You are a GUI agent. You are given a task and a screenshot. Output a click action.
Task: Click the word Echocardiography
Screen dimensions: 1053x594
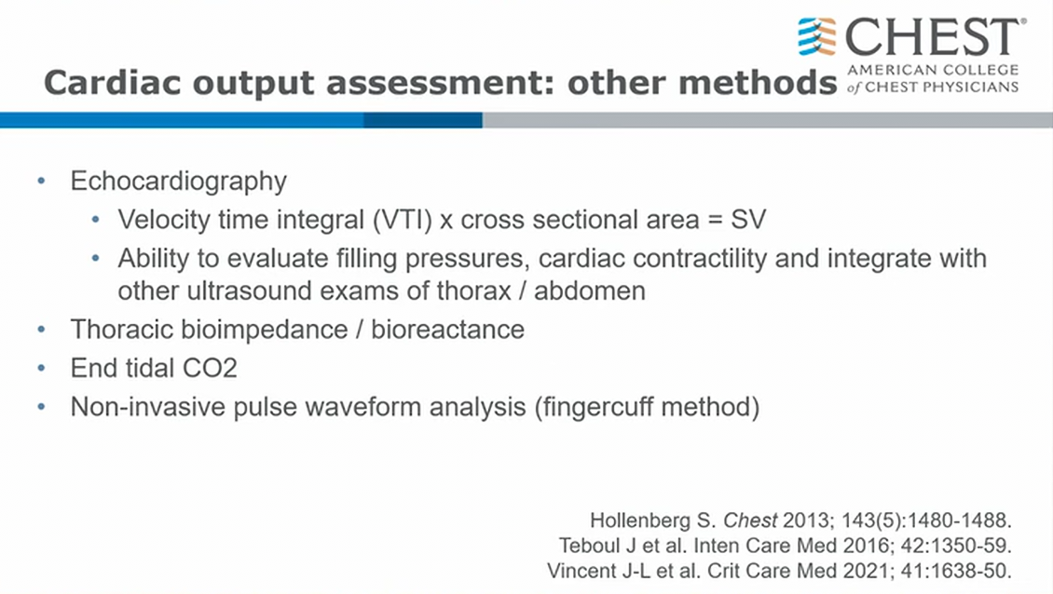click(179, 182)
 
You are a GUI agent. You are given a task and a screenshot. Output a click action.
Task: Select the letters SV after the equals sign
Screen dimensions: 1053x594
click(748, 220)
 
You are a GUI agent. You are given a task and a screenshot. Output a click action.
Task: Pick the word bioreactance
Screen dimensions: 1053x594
click(448, 330)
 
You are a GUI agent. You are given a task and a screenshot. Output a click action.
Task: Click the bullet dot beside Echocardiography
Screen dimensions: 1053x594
click(42, 182)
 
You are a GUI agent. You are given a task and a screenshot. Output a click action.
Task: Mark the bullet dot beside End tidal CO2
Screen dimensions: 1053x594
click(42, 368)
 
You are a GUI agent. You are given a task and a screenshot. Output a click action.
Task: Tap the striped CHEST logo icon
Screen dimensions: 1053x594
click(816, 36)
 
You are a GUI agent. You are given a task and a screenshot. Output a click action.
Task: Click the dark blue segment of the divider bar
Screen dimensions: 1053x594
click(423, 120)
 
